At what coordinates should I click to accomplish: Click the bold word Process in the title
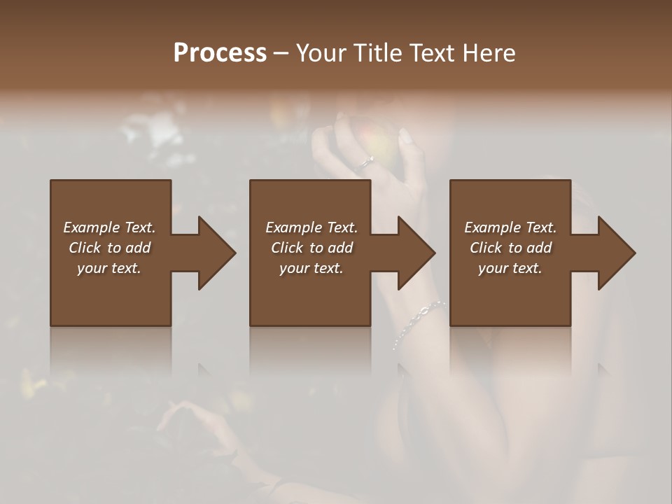click(x=220, y=52)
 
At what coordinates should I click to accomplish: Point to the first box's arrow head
click(x=216, y=253)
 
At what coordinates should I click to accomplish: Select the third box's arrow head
click(x=616, y=253)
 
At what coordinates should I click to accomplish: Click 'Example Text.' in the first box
click(x=109, y=227)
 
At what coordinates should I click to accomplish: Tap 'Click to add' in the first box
click(x=109, y=248)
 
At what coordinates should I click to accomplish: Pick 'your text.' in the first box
click(x=109, y=268)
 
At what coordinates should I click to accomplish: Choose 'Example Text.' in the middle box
click(x=311, y=227)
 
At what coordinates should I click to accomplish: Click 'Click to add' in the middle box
click(x=311, y=248)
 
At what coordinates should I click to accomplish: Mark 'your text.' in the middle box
click(x=311, y=268)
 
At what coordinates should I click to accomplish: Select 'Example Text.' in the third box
click(x=510, y=227)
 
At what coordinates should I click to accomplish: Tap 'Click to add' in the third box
click(x=510, y=248)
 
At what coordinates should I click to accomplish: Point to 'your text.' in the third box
click(x=510, y=268)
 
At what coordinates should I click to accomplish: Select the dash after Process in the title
click(x=281, y=53)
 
